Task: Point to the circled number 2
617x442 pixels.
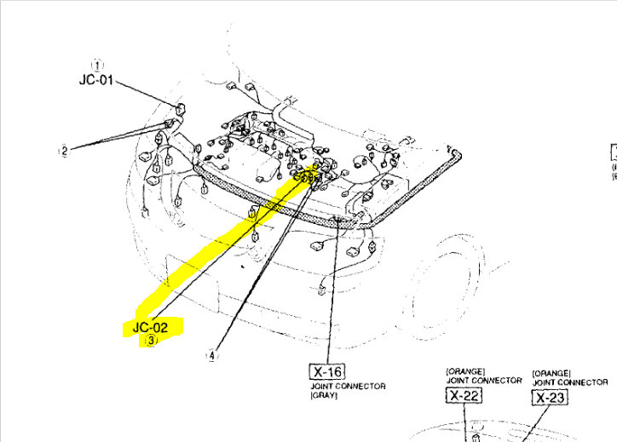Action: pos(64,152)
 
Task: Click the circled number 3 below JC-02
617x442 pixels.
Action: pos(151,340)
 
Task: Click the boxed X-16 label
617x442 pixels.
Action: pos(324,371)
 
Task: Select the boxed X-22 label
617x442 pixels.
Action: pos(464,395)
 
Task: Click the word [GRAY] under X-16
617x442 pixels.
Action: pos(322,396)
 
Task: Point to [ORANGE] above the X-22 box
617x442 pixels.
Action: pos(464,371)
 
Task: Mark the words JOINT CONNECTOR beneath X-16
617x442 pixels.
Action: pos(347,386)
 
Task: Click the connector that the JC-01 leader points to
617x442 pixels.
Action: pos(180,109)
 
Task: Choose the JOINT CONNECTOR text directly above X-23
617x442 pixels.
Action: pos(571,382)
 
